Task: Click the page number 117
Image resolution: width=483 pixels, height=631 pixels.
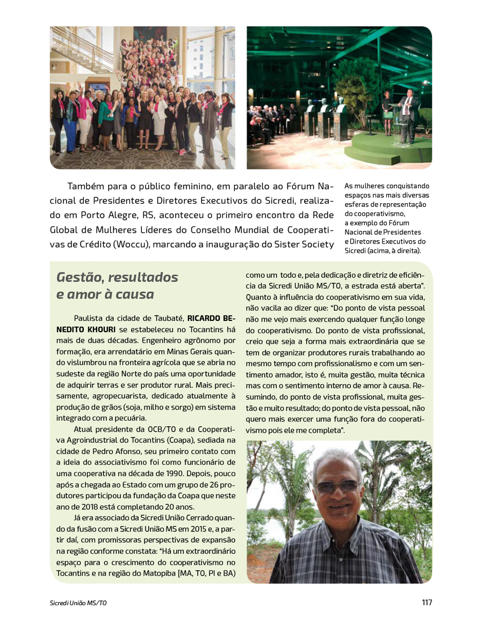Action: point(427,603)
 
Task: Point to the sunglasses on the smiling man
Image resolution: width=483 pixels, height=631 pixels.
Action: point(337,486)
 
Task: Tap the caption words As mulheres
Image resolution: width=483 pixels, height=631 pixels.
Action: point(363,186)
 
